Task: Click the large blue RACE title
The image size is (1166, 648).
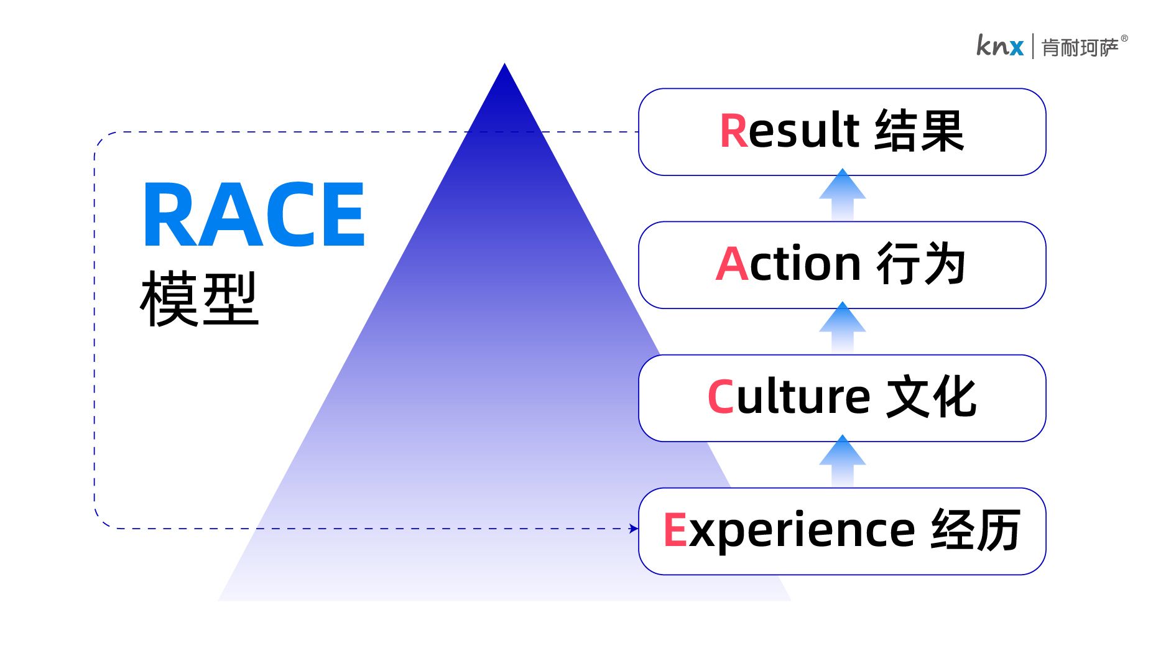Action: (254, 215)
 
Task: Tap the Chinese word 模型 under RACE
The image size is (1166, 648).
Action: (199, 299)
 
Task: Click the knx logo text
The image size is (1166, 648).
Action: (999, 46)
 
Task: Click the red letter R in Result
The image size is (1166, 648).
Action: (734, 131)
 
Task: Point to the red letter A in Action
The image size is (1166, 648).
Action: (731, 264)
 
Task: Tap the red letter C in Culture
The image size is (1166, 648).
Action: (721, 397)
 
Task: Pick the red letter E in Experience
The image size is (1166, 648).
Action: (675, 530)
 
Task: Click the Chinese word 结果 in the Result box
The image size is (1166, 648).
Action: (919, 131)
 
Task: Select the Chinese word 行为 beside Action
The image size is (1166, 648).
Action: (921, 264)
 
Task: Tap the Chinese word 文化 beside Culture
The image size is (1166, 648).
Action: (931, 397)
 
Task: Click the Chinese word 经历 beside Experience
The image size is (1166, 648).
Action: (976, 530)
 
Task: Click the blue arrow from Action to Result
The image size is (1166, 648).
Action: (842, 195)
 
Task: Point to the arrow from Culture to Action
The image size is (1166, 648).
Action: (842, 328)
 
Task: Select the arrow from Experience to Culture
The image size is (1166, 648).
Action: (842, 461)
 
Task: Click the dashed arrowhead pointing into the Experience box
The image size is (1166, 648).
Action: (633, 529)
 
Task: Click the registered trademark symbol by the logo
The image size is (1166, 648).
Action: (1124, 39)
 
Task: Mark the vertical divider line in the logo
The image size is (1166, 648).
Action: (1033, 47)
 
